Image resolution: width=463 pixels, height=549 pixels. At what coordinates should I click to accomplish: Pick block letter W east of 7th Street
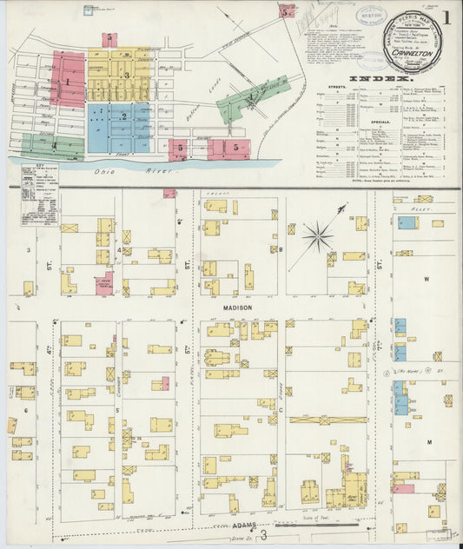click(x=427, y=280)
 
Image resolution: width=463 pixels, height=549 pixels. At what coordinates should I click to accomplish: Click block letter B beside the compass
click(x=281, y=249)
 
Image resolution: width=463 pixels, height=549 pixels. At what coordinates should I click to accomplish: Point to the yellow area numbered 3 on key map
click(x=127, y=76)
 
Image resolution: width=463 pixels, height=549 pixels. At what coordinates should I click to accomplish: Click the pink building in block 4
click(x=104, y=283)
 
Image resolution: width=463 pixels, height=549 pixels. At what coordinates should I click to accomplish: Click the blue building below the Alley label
click(x=406, y=222)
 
